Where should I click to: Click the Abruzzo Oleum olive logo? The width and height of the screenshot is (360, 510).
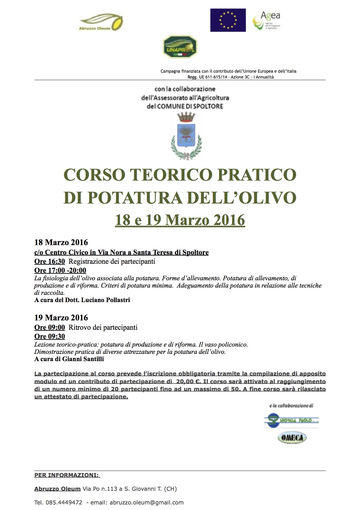(x=101, y=22)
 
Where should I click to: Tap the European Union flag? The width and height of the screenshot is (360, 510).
(x=228, y=20)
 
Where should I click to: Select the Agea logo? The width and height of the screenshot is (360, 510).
(x=267, y=20)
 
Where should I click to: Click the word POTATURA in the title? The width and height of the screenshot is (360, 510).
(x=134, y=197)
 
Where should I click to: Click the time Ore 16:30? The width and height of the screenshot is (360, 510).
(x=49, y=261)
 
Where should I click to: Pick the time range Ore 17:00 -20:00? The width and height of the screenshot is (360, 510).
(x=60, y=270)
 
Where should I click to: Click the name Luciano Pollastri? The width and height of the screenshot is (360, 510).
(x=105, y=300)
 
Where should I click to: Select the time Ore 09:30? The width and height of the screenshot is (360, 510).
(x=49, y=336)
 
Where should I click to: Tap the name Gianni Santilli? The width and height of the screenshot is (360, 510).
(x=83, y=359)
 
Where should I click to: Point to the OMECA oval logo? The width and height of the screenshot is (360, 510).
(x=292, y=438)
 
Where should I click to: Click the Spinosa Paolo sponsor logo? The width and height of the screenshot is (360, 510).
(x=291, y=421)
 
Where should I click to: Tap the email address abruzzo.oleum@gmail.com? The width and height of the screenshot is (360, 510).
(x=151, y=502)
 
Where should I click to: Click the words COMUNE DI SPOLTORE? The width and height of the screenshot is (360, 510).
(x=190, y=106)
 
